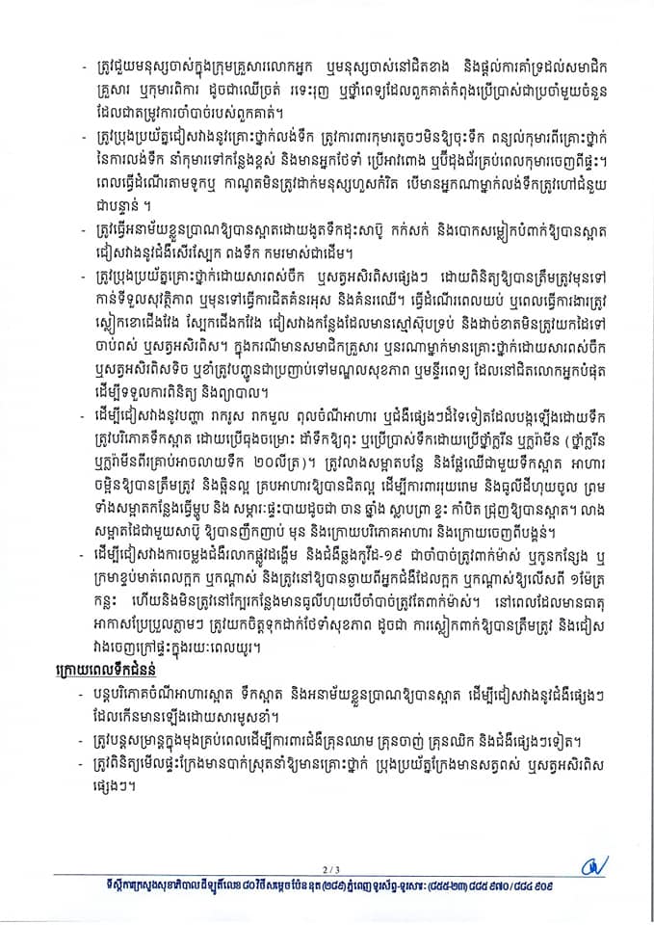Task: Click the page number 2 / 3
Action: pos(327,864)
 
